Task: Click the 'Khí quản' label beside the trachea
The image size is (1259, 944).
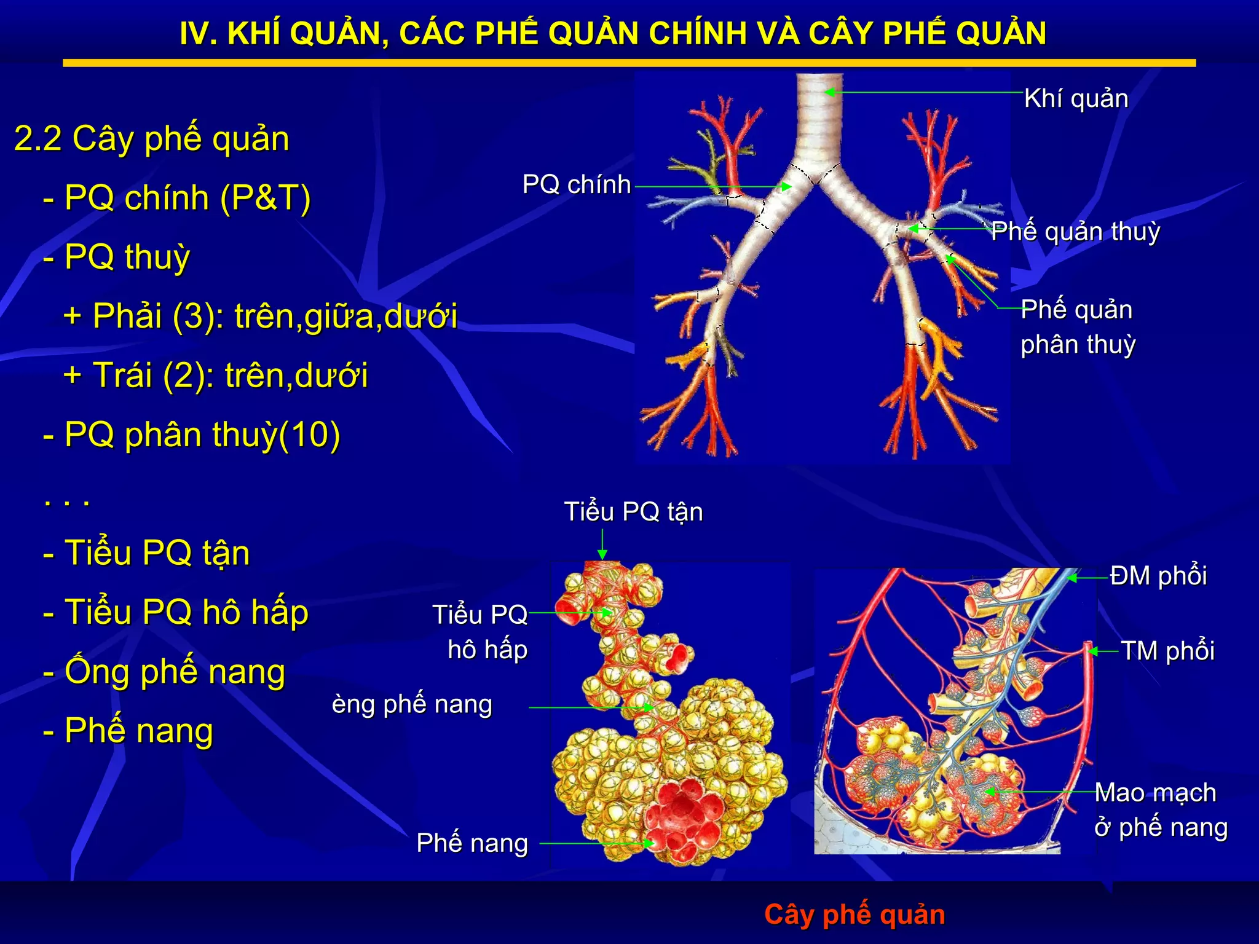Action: (1076, 99)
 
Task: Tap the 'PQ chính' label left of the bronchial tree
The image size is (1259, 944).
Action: (576, 184)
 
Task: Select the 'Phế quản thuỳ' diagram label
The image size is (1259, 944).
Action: (1075, 232)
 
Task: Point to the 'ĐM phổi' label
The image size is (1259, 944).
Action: (1158, 576)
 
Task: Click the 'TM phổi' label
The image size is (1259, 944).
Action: (1167, 651)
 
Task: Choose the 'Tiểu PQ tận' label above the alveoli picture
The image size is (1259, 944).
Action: (633, 512)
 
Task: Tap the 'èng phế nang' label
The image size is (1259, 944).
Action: (412, 704)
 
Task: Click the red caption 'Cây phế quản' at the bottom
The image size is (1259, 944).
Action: (854, 914)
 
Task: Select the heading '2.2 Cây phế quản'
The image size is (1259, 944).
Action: (151, 138)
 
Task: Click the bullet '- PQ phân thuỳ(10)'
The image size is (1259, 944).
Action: (191, 435)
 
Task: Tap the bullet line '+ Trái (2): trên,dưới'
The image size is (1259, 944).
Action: (215, 375)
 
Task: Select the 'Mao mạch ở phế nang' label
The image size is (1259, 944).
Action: (1161, 810)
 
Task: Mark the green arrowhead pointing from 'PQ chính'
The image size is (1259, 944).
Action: (786, 186)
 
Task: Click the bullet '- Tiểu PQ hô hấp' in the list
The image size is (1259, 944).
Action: (176, 612)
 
